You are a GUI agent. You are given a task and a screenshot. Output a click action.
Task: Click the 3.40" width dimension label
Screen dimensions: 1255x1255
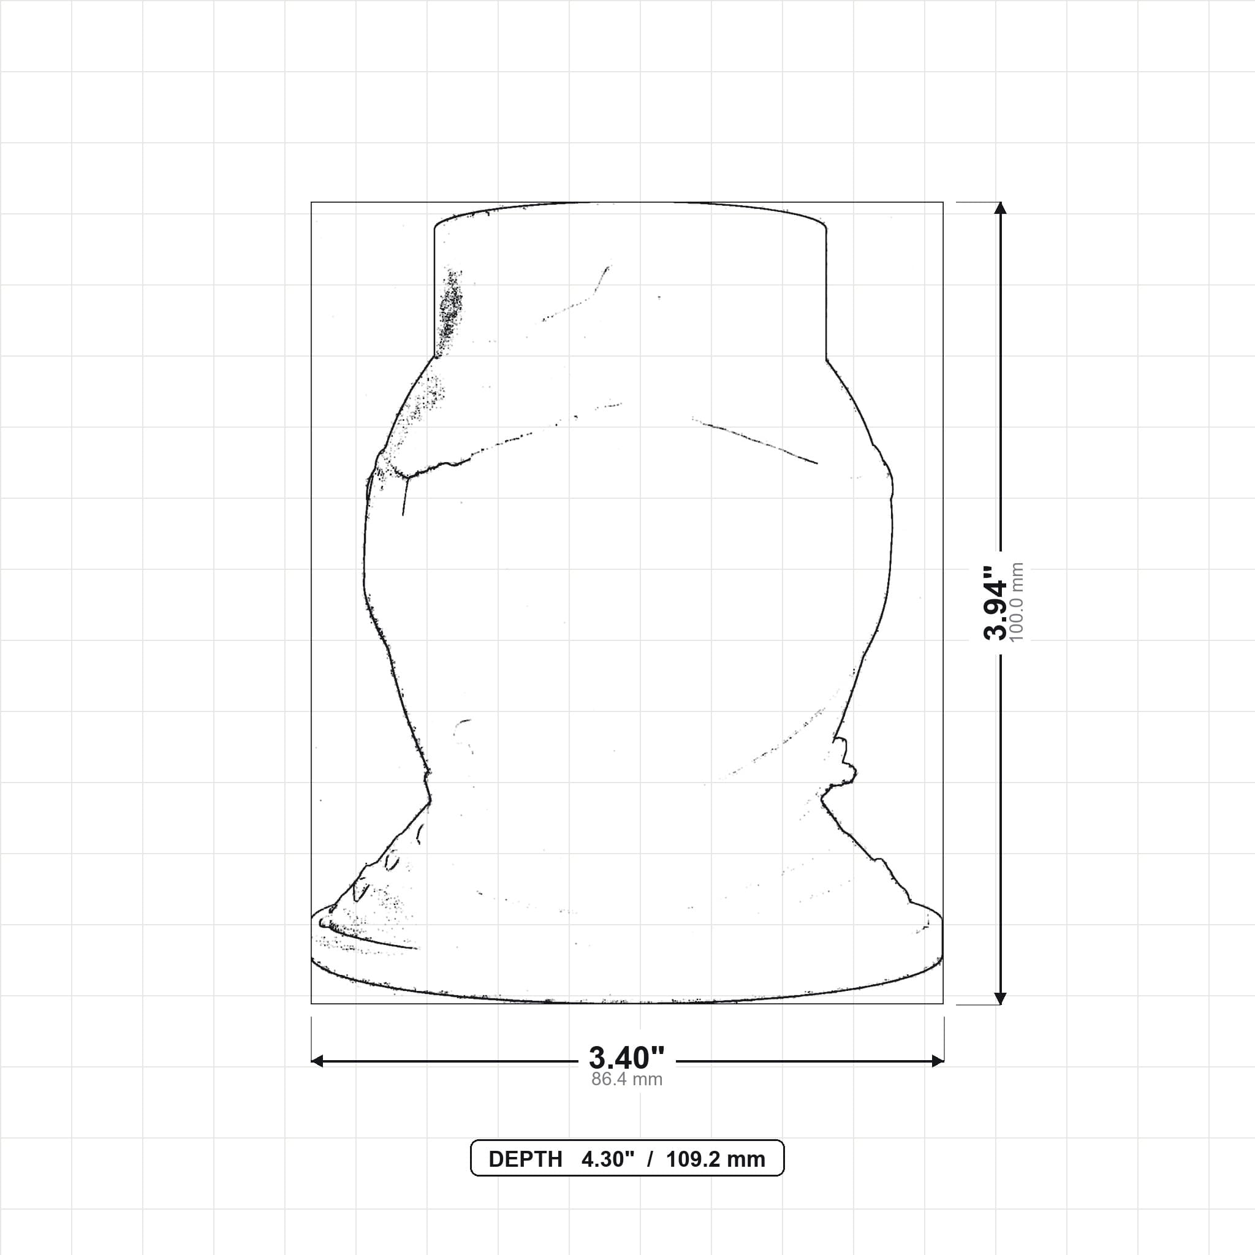627,1058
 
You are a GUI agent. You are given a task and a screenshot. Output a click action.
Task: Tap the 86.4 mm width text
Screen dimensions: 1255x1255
627,1080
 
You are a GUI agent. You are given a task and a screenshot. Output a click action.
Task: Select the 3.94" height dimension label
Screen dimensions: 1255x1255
995,602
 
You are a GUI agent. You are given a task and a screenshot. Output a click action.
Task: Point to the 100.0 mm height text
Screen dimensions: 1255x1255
1017,602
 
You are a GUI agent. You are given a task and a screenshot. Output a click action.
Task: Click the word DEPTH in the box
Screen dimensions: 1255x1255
525,1159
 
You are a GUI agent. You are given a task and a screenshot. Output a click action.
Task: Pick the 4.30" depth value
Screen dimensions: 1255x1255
607,1159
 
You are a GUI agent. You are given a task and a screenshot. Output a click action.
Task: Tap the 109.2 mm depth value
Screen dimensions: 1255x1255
715,1159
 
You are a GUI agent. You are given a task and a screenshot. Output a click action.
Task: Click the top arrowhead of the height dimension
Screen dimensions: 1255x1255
1000,208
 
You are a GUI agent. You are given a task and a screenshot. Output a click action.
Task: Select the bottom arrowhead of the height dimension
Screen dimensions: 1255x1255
1000,998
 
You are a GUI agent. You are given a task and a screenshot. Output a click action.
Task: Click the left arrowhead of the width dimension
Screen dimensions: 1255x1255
317,1061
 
